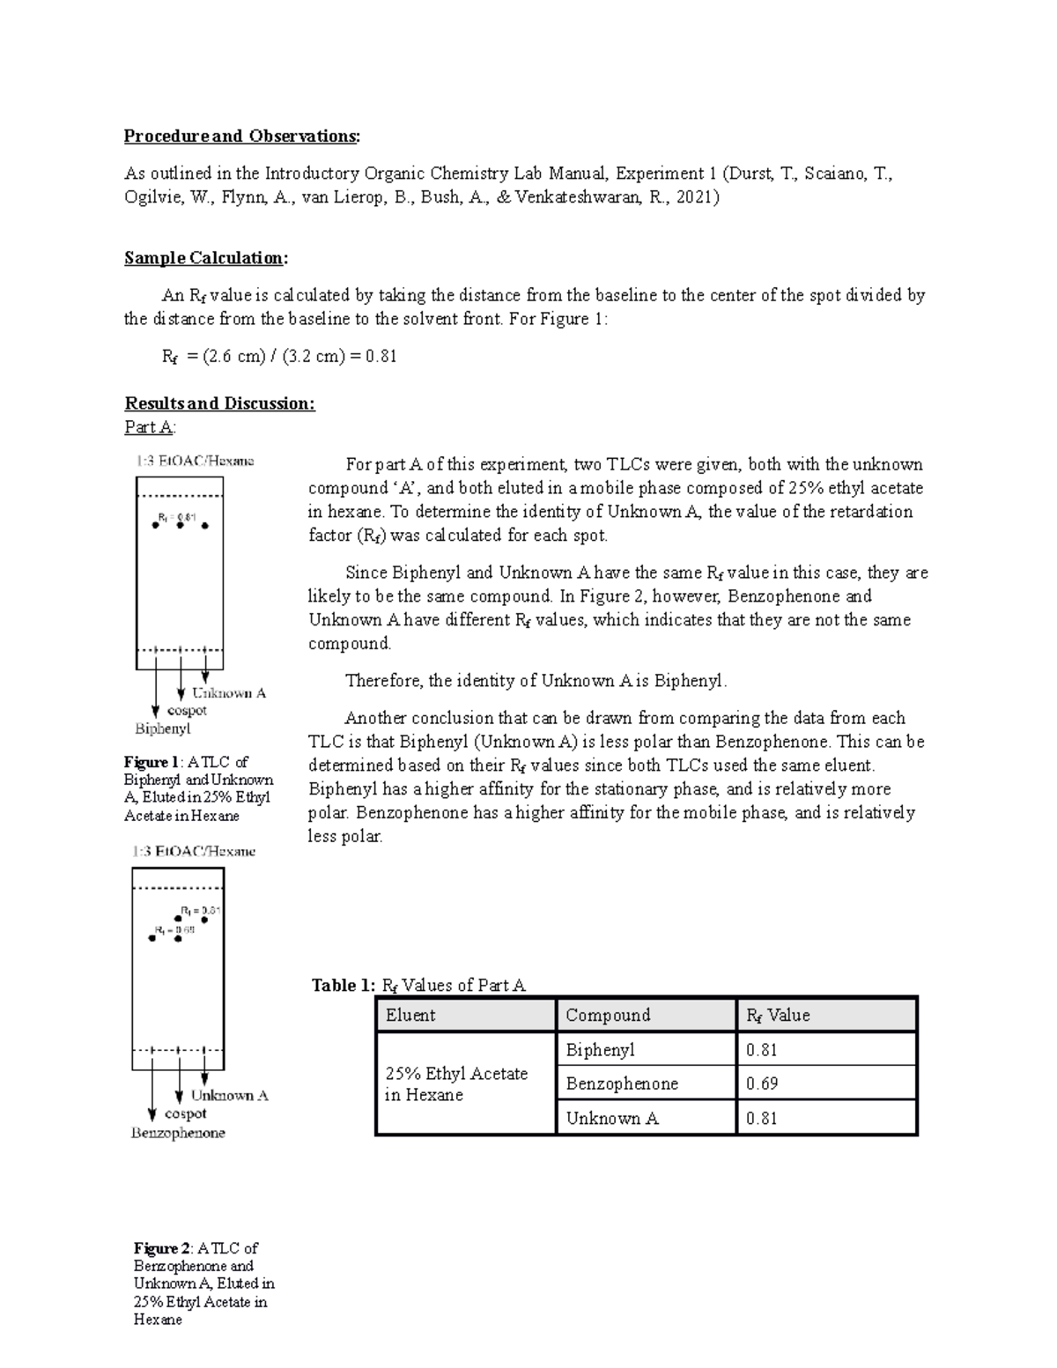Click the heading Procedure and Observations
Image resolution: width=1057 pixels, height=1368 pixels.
tap(241, 137)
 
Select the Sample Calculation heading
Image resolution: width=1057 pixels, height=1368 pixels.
tap(206, 258)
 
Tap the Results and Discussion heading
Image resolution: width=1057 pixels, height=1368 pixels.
tap(219, 403)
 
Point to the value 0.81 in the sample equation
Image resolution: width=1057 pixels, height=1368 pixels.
tap(381, 356)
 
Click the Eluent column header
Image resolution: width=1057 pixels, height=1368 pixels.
tap(410, 1016)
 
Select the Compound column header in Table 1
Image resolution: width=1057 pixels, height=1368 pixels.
tap(608, 1016)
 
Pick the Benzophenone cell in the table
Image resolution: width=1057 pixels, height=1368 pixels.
tap(622, 1084)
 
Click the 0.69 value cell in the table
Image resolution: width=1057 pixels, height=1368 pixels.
tap(762, 1084)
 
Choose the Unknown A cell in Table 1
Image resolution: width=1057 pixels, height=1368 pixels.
tap(612, 1119)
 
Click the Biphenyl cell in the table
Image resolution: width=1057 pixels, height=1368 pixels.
tap(600, 1050)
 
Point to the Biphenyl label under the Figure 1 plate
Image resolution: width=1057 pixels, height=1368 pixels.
tap(162, 729)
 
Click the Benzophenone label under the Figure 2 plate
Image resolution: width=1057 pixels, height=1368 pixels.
tap(178, 1134)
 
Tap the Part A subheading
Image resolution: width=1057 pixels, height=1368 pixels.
tap(150, 428)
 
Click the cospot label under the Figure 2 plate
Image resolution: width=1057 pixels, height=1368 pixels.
tap(185, 1114)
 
